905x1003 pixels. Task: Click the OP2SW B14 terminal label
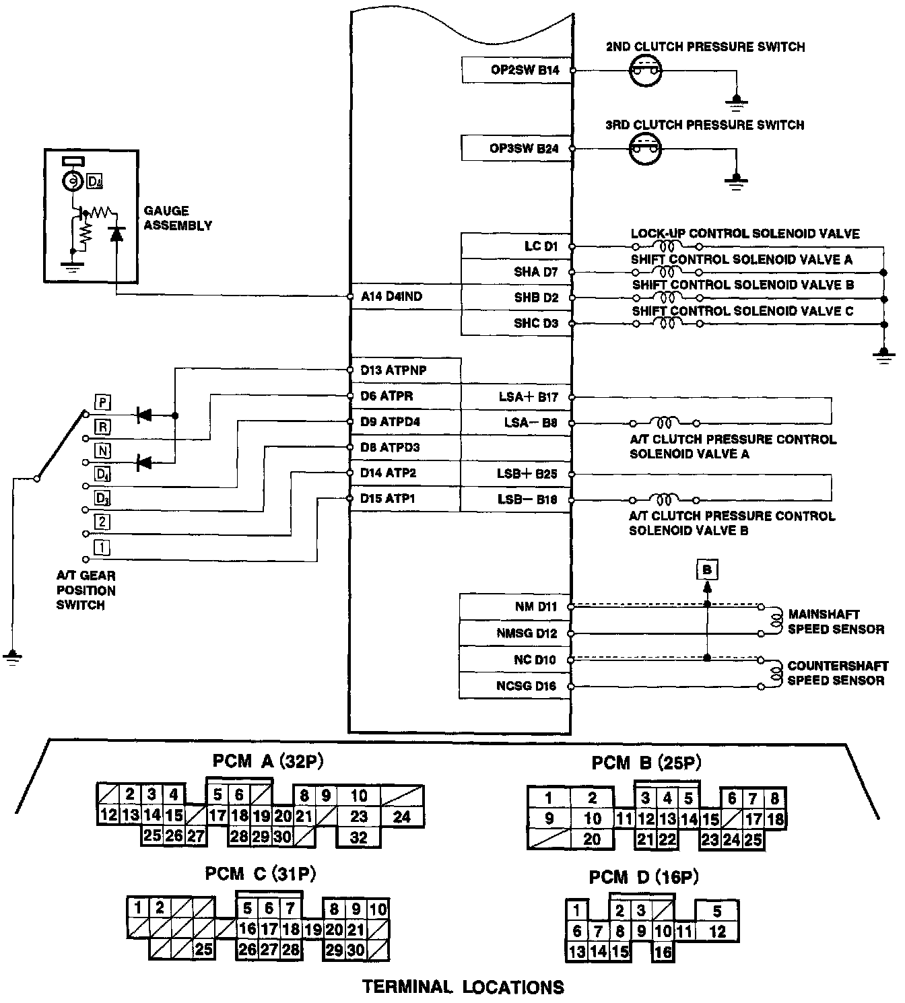pyautogui.click(x=525, y=69)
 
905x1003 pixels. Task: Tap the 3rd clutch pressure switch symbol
pyautogui.click(x=645, y=149)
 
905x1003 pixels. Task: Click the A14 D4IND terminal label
pyautogui.click(x=391, y=296)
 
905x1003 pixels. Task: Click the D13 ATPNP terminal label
pyautogui.click(x=393, y=370)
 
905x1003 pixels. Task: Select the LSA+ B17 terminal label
pyautogui.click(x=528, y=397)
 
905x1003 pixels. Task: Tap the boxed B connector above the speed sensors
pyautogui.click(x=707, y=570)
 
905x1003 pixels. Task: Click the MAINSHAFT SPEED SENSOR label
pyautogui.click(x=836, y=622)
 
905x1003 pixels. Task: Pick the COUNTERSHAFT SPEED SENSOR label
pyautogui.click(x=836, y=673)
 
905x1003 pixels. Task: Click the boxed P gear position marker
pyautogui.click(x=102, y=403)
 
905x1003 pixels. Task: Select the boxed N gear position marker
pyautogui.click(x=102, y=450)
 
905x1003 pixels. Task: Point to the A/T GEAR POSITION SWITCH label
pyautogui.click(x=86, y=590)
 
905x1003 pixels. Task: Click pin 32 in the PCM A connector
pyautogui.click(x=359, y=837)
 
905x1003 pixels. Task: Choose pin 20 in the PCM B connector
pyautogui.click(x=592, y=839)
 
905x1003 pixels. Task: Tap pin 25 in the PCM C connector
pyautogui.click(x=203, y=950)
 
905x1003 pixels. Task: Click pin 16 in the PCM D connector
pyautogui.click(x=663, y=952)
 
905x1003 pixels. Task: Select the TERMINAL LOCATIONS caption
pyautogui.click(x=463, y=987)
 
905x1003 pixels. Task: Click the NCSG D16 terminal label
pyautogui.click(x=527, y=686)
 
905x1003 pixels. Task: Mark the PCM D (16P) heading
pyautogui.click(x=644, y=877)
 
